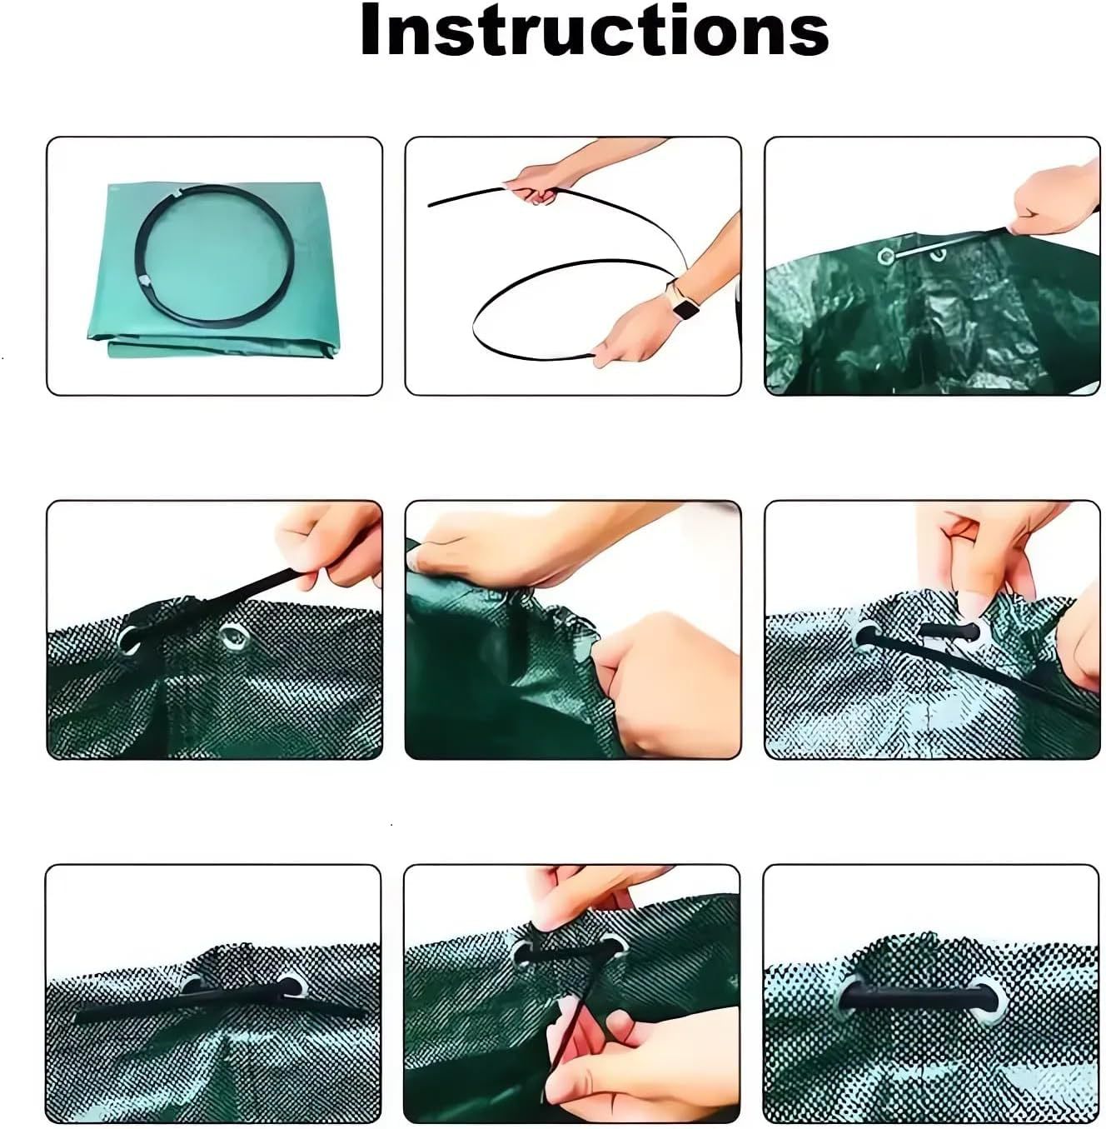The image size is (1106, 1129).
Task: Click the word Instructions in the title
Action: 594,32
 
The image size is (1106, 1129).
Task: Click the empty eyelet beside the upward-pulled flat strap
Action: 231,637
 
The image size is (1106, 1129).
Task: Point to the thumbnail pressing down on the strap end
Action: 970,607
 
